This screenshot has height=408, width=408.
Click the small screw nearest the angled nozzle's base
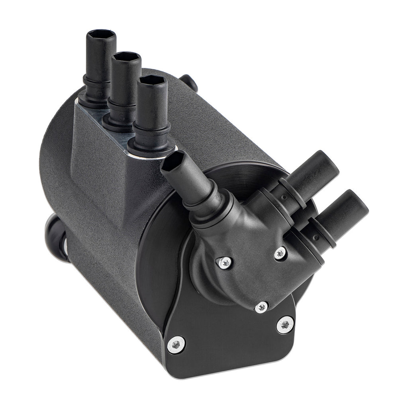(225, 262)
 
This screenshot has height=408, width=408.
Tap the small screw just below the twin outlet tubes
(280, 253)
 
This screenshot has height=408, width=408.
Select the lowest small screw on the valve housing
(261, 307)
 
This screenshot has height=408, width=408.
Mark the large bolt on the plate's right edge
(285, 325)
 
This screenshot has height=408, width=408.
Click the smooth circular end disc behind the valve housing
(159, 255)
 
